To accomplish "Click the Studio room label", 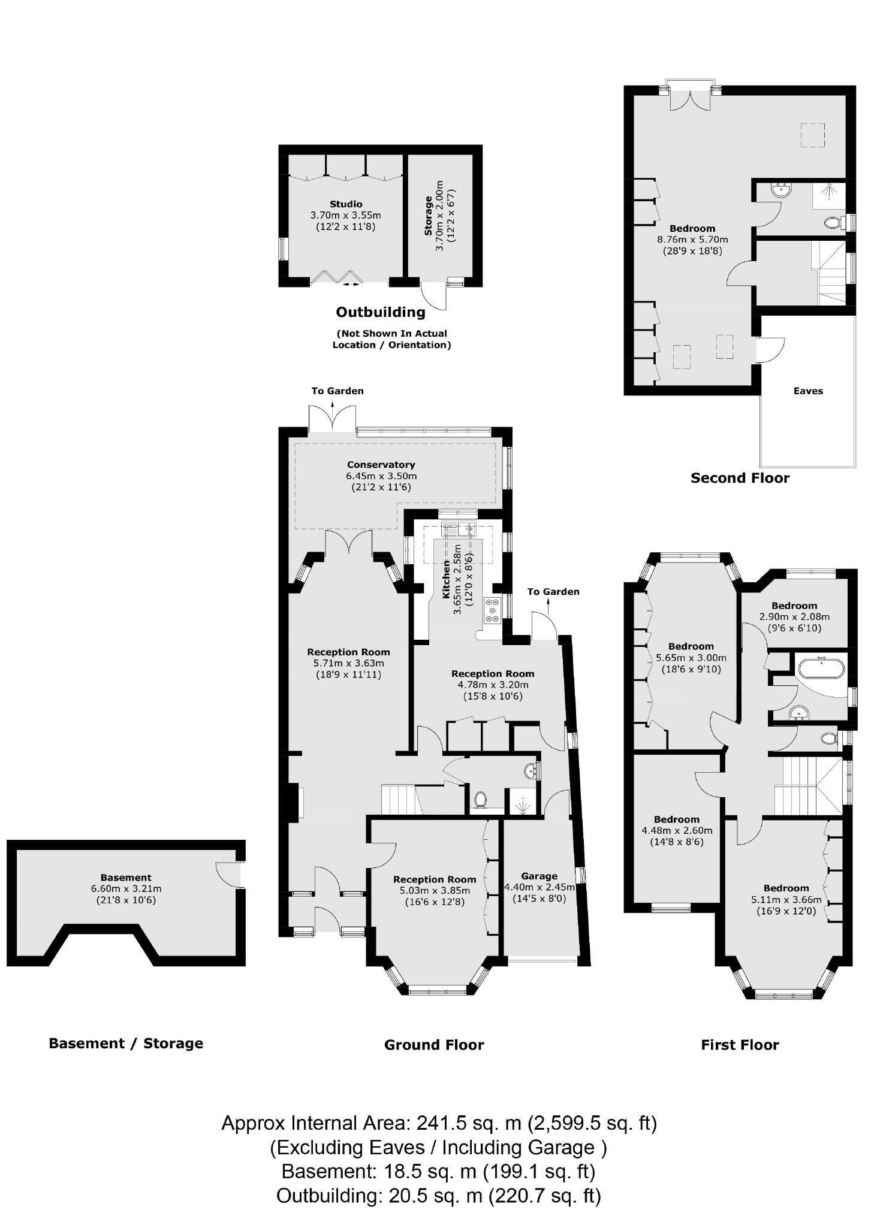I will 346,204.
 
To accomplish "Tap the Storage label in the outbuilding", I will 428,216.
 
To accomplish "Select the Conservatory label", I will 381,464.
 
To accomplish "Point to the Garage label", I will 539,876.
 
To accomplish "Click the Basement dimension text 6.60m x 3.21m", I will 126,889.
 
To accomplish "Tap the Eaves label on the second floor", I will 808,391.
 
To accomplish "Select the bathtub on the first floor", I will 821,667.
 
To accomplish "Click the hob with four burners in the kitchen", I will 492,610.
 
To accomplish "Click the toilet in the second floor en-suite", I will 832,223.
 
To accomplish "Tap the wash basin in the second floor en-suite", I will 782,190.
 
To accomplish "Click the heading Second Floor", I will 740,478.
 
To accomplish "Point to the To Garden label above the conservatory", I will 337,391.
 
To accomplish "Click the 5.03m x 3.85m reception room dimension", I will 435,890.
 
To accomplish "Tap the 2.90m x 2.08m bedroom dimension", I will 794,616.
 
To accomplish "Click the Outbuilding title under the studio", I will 381,312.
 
